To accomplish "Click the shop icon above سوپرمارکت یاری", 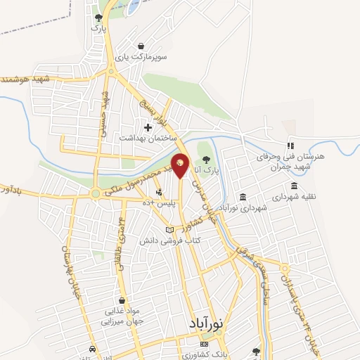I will click(142, 45).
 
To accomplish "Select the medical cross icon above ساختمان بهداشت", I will click(147, 127).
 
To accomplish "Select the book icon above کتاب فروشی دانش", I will click(169, 229).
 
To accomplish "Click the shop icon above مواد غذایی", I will click(123, 300).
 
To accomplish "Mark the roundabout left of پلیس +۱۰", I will click(95, 193).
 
